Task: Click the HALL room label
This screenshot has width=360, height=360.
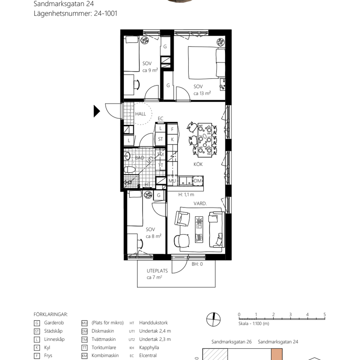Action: (x=140, y=114)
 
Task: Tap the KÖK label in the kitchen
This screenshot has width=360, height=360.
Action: (x=198, y=164)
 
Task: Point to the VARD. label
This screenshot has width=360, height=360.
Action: (x=200, y=204)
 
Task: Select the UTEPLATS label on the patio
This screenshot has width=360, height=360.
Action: (x=157, y=271)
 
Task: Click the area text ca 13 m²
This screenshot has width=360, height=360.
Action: (x=202, y=93)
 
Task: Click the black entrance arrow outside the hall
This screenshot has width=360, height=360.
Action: (x=97, y=111)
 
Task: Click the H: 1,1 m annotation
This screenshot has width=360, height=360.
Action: (x=186, y=195)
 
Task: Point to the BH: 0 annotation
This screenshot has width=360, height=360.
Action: (x=197, y=264)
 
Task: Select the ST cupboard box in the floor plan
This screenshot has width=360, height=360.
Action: (x=160, y=140)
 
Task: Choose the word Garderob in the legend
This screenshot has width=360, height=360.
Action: (x=53, y=322)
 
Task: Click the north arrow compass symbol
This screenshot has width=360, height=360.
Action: (x=213, y=319)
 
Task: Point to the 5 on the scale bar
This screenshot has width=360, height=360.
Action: (x=324, y=315)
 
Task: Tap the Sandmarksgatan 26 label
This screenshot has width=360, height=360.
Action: (x=231, y=342)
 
